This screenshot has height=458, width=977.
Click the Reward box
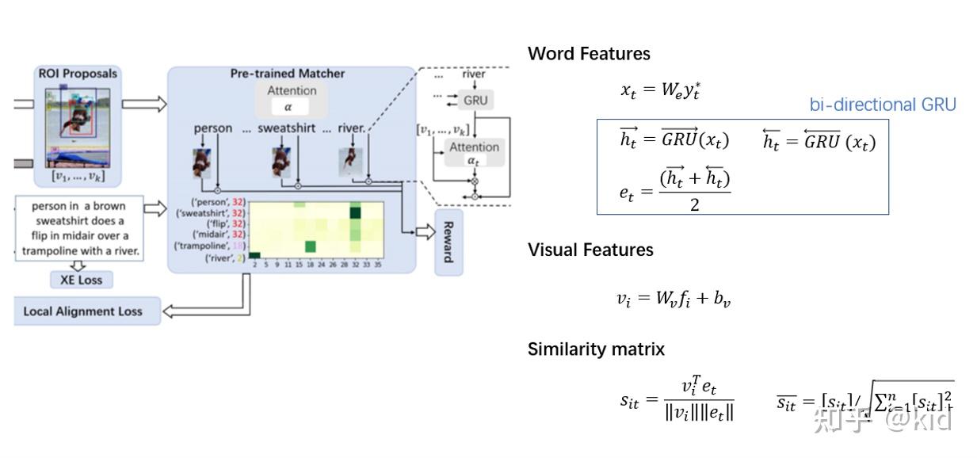pos(448,242)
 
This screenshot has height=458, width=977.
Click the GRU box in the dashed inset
pos(475,101)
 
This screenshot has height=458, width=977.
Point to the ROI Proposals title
pos(78,74)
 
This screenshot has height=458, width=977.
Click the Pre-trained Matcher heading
pos(288,74)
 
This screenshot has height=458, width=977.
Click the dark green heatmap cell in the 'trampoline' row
pos(311,246)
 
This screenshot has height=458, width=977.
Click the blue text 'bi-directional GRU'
pos(882,105)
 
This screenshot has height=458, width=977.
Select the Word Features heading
pos(589,54)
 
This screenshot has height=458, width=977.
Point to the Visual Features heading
pos(590,250)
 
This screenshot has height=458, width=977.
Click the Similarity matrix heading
pos(596,349)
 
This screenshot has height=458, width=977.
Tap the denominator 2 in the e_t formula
pos(694,204)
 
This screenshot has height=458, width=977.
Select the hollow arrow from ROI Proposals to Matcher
pos(143,104)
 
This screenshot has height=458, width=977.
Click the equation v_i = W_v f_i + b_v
pos(673,299)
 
